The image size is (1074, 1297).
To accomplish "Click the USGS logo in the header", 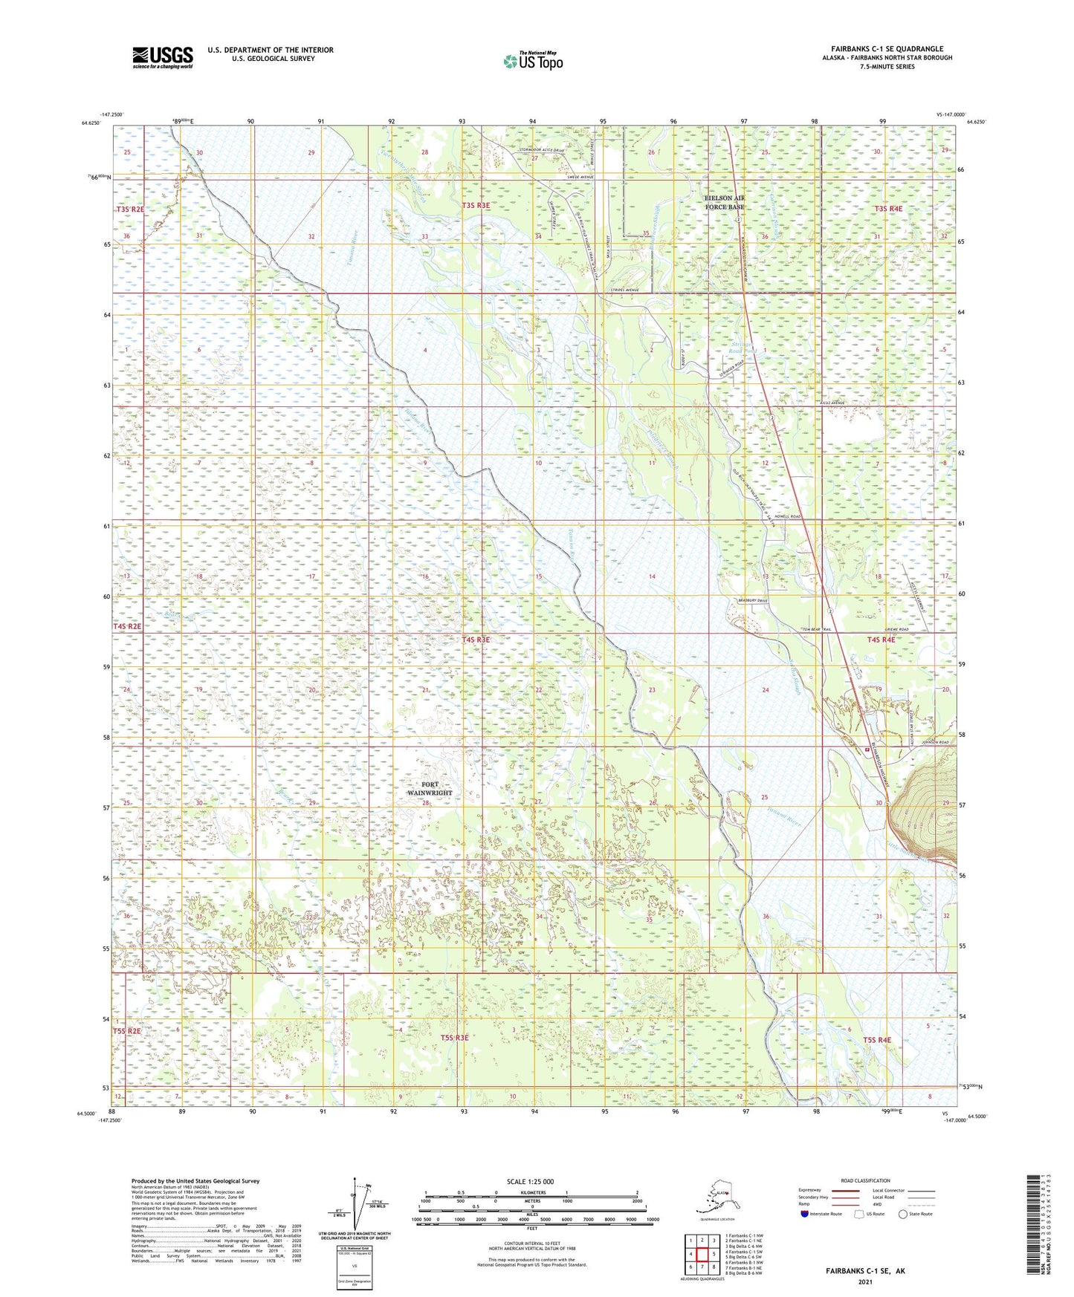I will [163, 57].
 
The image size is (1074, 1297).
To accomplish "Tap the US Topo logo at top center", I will [533, 61].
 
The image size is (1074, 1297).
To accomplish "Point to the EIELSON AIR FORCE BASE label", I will [724, 203].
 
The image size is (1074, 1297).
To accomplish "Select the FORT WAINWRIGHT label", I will [430, 788].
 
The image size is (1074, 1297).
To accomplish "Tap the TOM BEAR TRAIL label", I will [819, 629].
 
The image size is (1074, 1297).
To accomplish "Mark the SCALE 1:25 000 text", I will [530, 1181].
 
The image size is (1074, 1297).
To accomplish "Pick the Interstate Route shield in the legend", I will [804, 1214].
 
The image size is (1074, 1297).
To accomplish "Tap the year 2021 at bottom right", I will [864, 1281].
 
